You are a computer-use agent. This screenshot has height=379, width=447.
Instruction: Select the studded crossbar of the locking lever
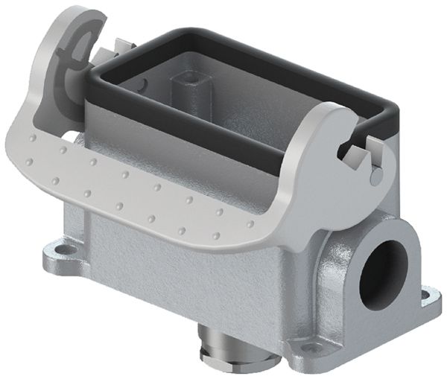pos(149,194)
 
